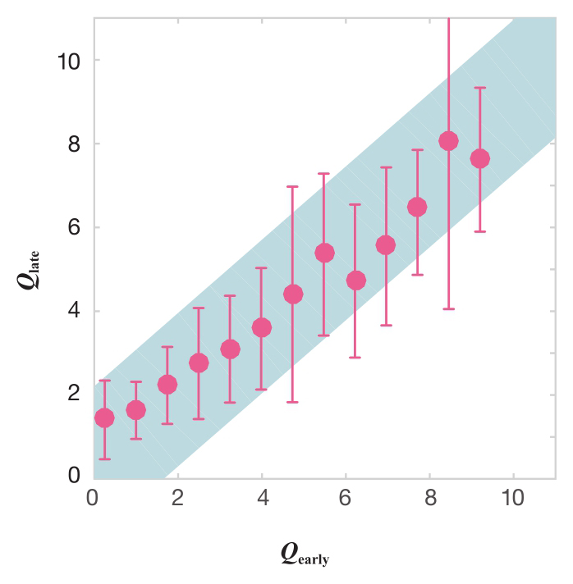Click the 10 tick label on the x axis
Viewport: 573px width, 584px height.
click(513, 497)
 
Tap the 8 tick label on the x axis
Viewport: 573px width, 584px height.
click(429, 497)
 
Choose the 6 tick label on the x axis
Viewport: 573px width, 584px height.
click(346, 497)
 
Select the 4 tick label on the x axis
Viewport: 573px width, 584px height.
click(262, 497)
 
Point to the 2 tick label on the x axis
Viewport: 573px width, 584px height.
click(178, 497)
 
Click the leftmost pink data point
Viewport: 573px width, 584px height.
click(104, 417)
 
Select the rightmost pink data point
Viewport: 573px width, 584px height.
click(480, 158)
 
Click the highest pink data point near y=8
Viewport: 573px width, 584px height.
click(448, 141)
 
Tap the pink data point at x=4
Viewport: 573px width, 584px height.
click(262, 327)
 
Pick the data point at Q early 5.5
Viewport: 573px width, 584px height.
click(324, 253)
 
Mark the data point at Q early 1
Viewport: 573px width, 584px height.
click(136, 410)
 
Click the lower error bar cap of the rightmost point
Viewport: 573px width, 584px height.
click(480, 231)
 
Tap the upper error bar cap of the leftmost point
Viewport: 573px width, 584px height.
click(104, 381)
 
